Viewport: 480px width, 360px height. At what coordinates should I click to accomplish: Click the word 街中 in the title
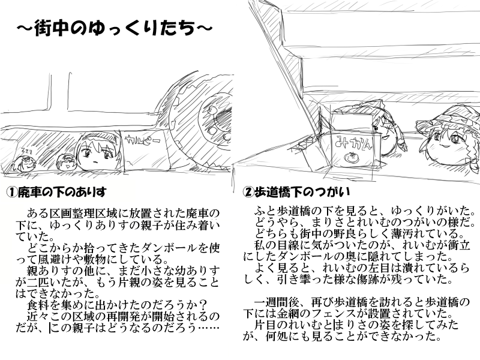52,28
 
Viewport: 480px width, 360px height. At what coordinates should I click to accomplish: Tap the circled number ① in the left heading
11,192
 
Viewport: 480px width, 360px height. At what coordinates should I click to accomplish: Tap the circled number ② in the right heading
248,192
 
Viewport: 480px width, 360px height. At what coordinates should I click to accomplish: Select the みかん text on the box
353,142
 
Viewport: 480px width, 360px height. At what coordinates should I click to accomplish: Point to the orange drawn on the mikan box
351,157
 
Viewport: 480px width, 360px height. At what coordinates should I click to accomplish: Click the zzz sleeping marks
26,150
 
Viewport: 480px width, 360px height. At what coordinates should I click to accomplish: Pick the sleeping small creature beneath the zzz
23,163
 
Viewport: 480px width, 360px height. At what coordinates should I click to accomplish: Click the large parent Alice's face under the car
97,152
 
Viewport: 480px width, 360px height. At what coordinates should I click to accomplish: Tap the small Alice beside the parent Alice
65,161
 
